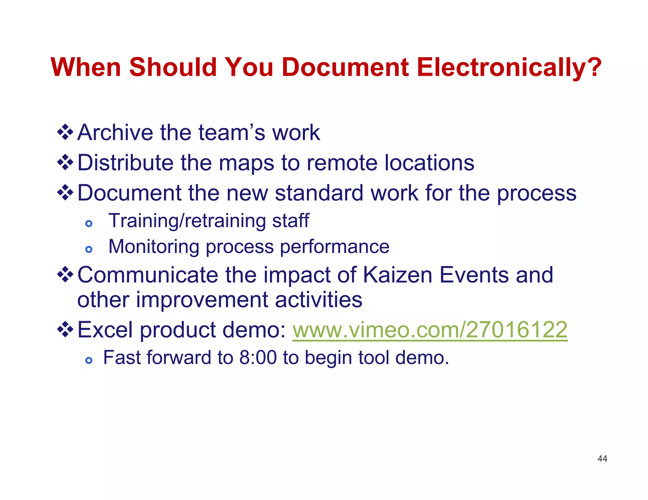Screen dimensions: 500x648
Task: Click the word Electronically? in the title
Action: tap(509, 68)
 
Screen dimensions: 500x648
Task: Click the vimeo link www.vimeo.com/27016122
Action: tap(430, 330)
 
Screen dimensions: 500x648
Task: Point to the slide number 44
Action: tap(602, 459)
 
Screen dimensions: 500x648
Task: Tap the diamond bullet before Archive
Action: tap(65, 132)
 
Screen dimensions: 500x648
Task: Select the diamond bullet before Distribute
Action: tap(65, 162)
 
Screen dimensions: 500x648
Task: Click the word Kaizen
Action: tap(397, 275)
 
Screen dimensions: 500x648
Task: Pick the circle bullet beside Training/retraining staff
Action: tap(89, 224)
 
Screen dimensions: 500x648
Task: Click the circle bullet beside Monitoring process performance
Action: tap(89, 250)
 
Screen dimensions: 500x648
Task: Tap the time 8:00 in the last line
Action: tap(258, 358)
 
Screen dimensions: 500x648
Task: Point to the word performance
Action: tap(335, 247)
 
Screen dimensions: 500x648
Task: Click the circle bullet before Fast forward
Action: tap(89, 360)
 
